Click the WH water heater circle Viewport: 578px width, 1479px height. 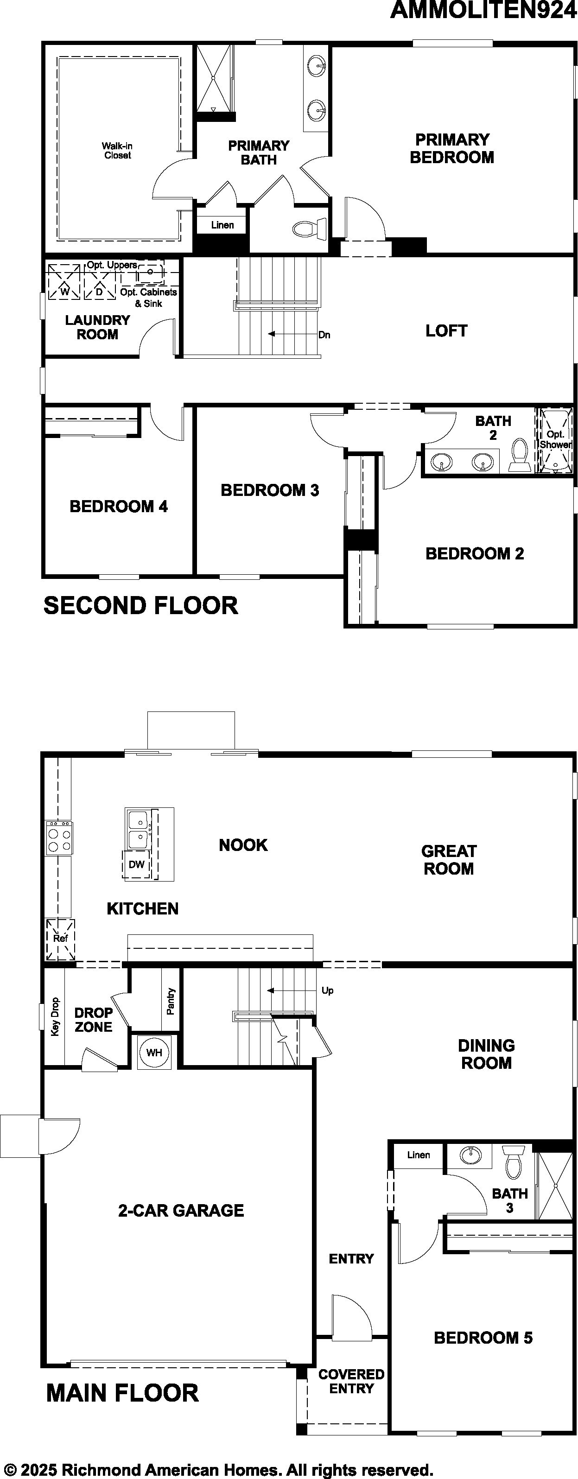(154, 1053)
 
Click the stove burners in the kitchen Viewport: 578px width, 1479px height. (59, 838)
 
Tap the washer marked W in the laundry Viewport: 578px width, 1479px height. (64, 282)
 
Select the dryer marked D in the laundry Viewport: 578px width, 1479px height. (99, 282)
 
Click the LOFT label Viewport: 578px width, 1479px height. (446, 331)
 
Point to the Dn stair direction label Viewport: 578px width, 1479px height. (324, 335)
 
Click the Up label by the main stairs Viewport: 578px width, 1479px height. (327, 990)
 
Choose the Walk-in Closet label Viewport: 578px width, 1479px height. (117, 151)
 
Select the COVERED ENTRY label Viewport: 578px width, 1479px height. (351, 1381)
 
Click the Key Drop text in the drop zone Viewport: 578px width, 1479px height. (55, 1016)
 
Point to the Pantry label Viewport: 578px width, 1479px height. (171, 1001)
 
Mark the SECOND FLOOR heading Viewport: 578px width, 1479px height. (140, 606)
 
